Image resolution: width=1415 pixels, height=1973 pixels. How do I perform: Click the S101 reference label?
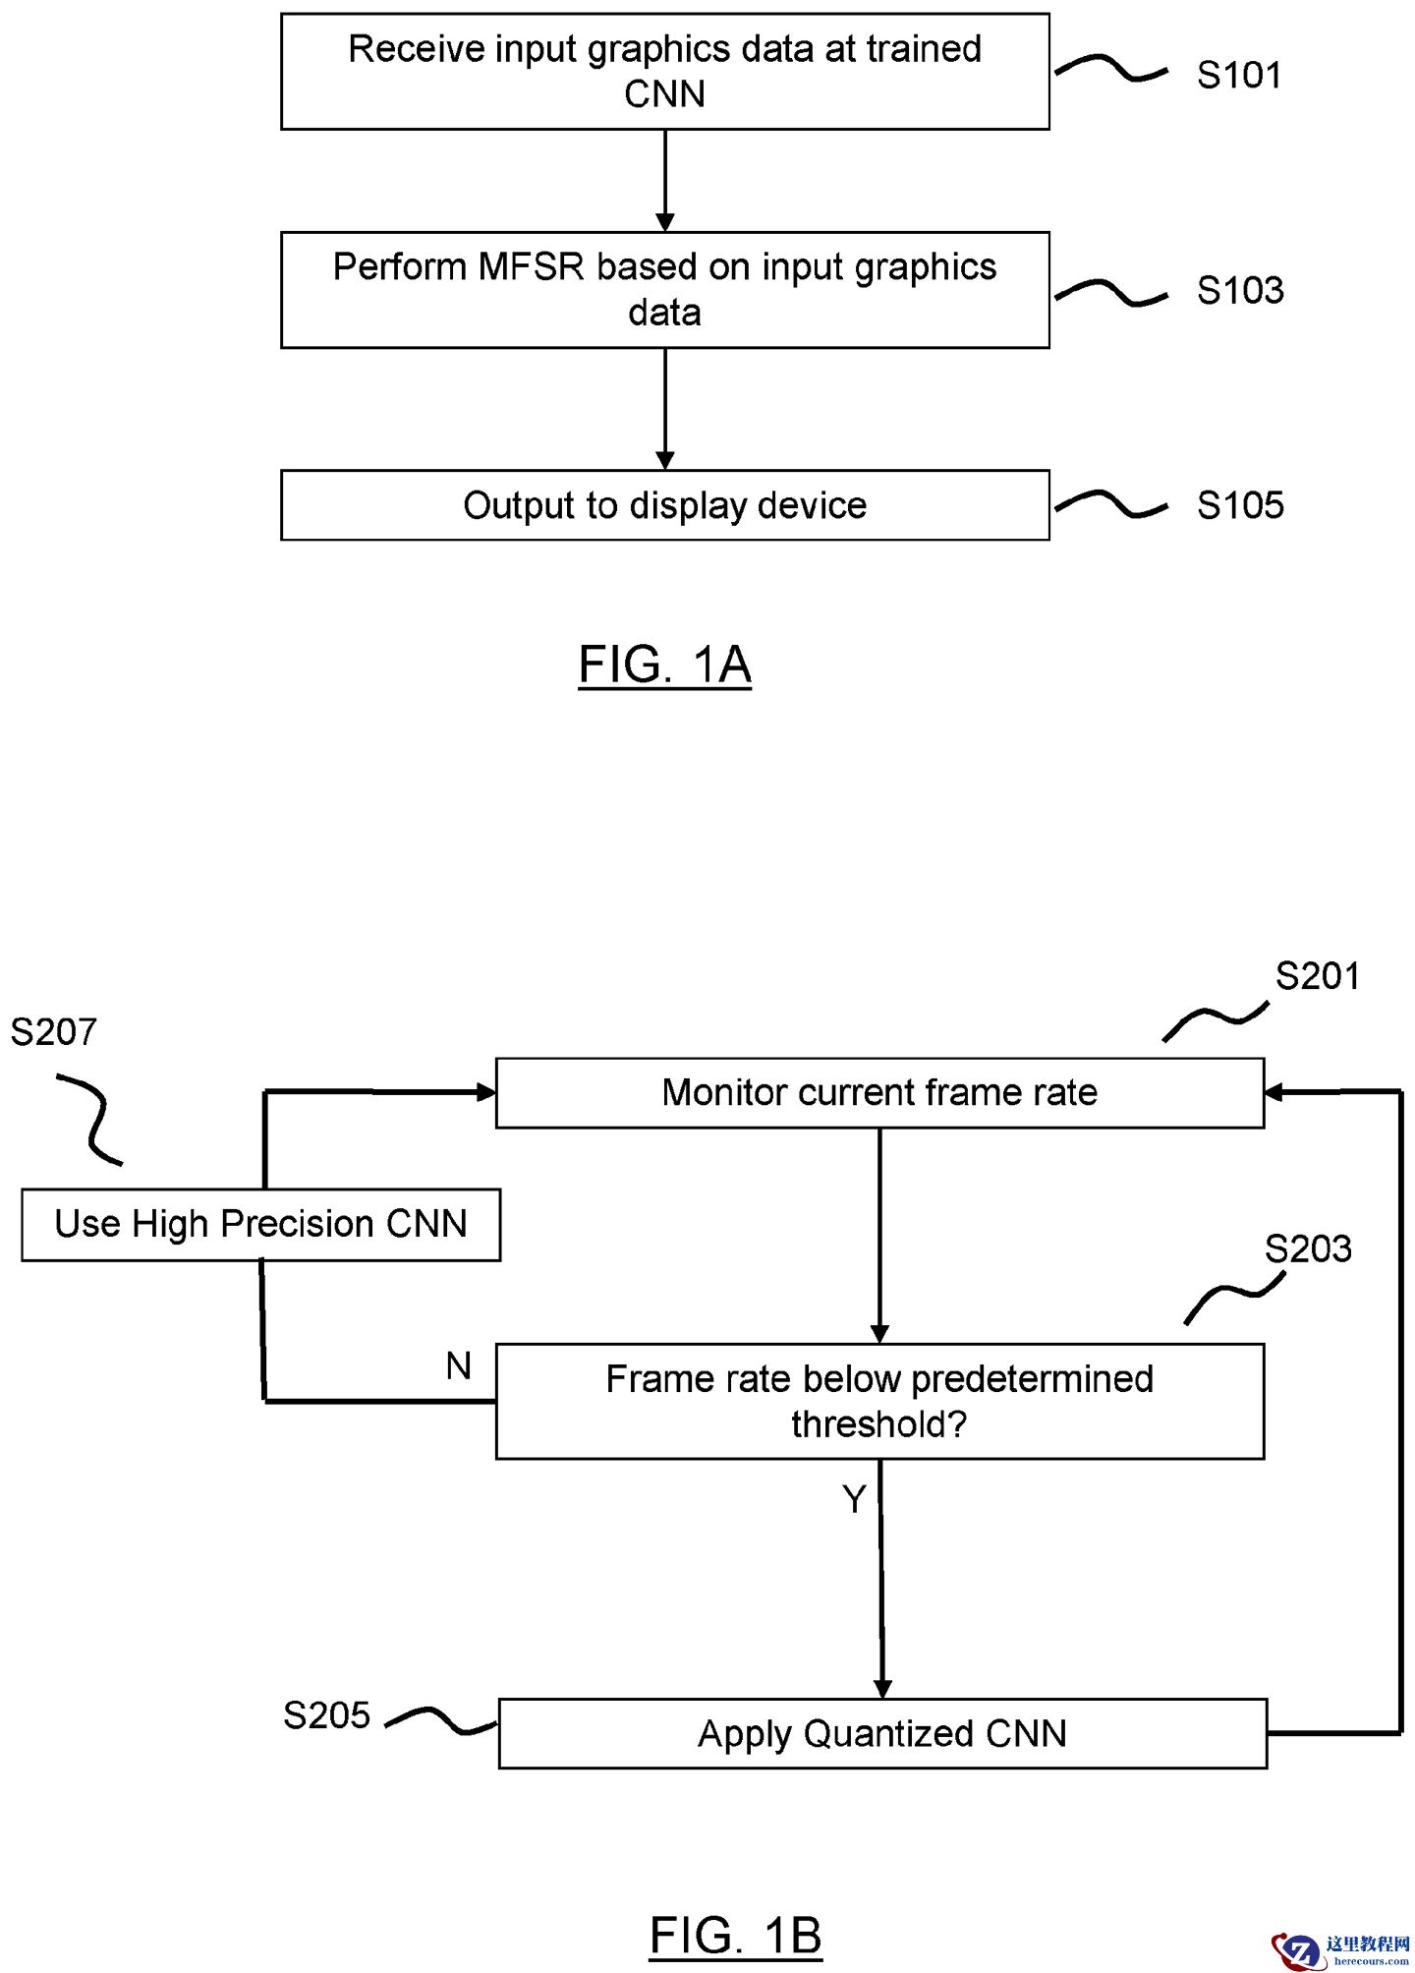1239,75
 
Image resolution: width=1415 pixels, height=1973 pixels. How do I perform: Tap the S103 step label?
1240,290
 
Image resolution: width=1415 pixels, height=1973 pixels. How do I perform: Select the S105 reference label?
1240,505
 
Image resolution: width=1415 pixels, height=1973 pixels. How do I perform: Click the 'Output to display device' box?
664,505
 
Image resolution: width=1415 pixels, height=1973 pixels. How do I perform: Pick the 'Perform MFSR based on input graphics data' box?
664,290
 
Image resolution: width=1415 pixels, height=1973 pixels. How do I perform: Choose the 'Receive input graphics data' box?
664,72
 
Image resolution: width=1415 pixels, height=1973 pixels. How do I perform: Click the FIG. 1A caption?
664,665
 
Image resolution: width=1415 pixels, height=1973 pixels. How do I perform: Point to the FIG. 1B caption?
735,1936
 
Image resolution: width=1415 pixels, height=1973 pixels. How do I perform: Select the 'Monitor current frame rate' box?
879,1092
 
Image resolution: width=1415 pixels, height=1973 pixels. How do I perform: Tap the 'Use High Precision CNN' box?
260,1224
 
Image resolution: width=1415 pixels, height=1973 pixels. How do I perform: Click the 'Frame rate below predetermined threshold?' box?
879,1401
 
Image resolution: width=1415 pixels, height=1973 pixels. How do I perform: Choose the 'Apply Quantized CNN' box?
882,1733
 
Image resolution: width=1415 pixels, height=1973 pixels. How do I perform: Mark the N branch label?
458,1365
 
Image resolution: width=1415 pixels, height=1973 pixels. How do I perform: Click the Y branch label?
854,1499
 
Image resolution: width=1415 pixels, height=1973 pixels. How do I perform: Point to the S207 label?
54,1032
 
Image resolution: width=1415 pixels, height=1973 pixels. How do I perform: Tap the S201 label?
1317,976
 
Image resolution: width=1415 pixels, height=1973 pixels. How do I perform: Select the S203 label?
1308,1248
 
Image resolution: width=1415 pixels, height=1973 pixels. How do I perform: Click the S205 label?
326,1715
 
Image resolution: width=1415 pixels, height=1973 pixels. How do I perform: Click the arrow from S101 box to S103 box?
665,181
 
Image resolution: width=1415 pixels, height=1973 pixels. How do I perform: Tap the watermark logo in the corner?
1340,1947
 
